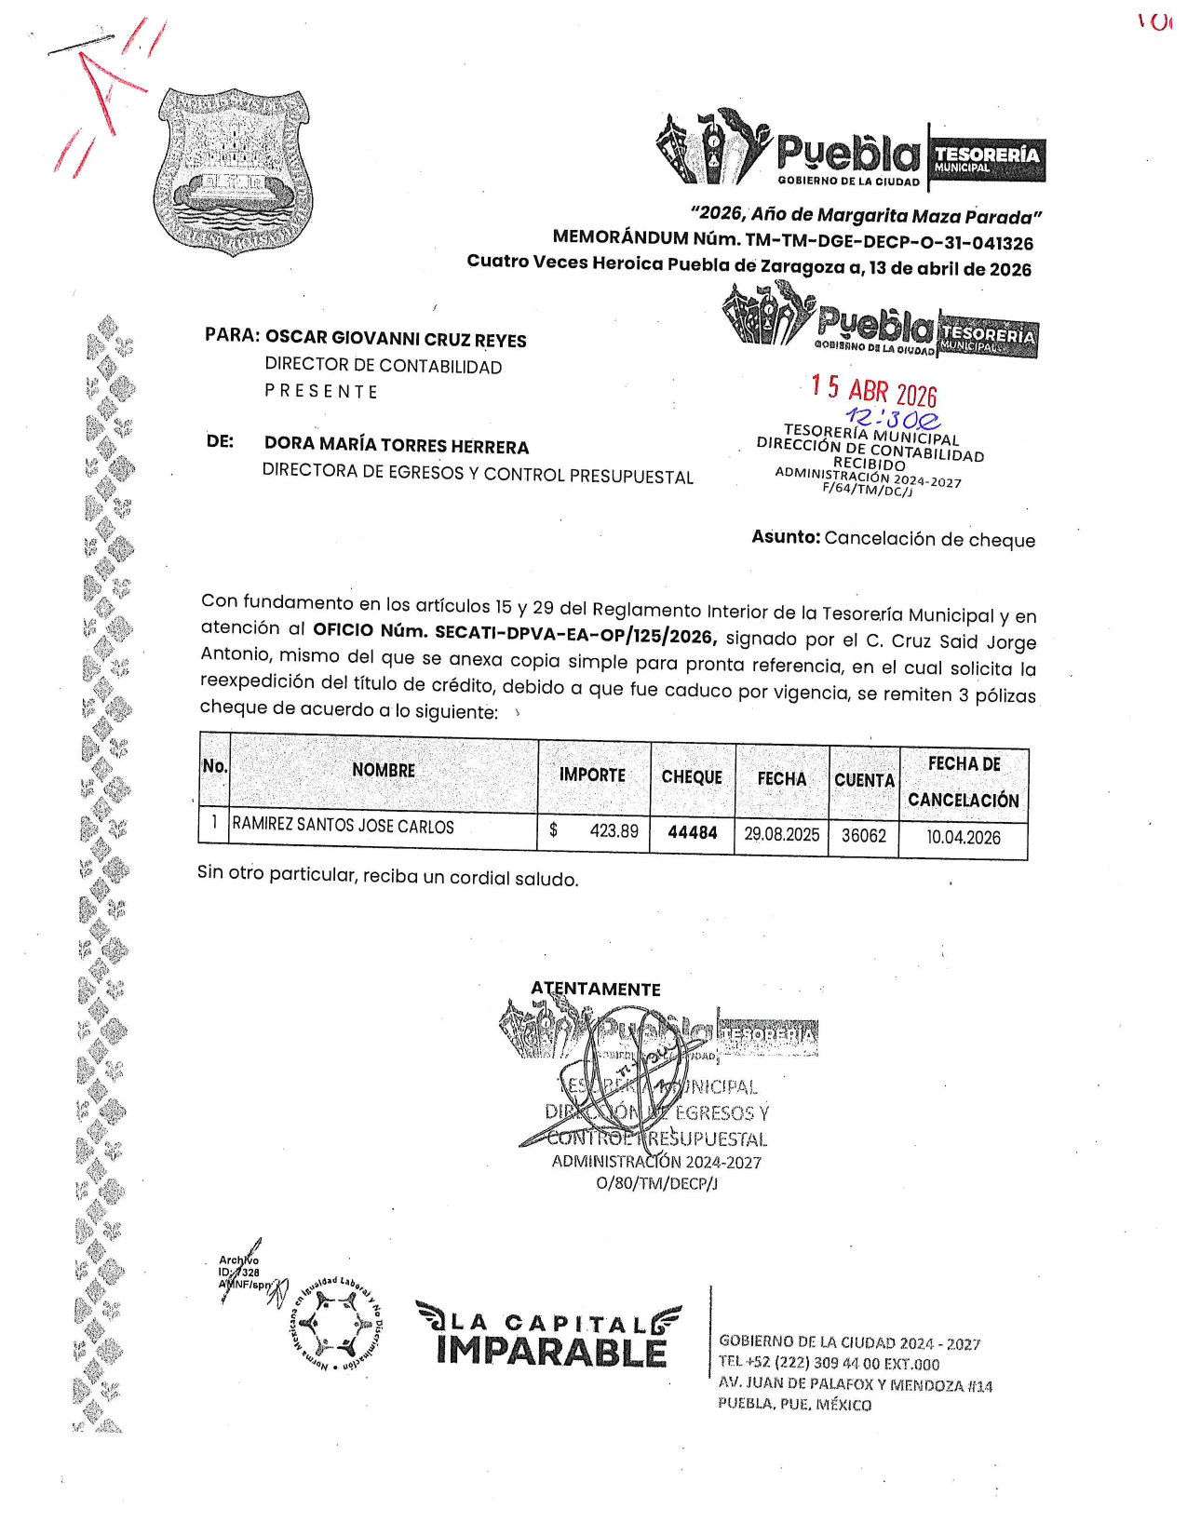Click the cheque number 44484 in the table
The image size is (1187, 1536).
(692, 832)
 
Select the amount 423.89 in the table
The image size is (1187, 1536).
(614, 830)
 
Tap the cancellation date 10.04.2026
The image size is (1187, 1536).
(963, 837)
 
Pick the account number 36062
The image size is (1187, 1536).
(863, 835)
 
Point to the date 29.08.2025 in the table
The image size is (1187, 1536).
(781, 834)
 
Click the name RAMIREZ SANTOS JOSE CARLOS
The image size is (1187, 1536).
(343, 826)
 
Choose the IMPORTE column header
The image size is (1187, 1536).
(592, 775)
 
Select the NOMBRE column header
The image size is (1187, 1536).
(383, 770)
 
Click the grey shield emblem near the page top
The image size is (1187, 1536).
(233, 171)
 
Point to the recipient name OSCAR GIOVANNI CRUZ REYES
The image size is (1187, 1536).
(396, 339)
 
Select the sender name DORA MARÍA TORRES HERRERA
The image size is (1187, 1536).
(397, 446)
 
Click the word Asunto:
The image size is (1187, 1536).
(786, 536)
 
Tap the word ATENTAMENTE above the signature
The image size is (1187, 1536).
(596, 989)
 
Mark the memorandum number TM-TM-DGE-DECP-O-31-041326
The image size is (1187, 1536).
(889, 243)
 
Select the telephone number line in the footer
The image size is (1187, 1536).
(829, 1363)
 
